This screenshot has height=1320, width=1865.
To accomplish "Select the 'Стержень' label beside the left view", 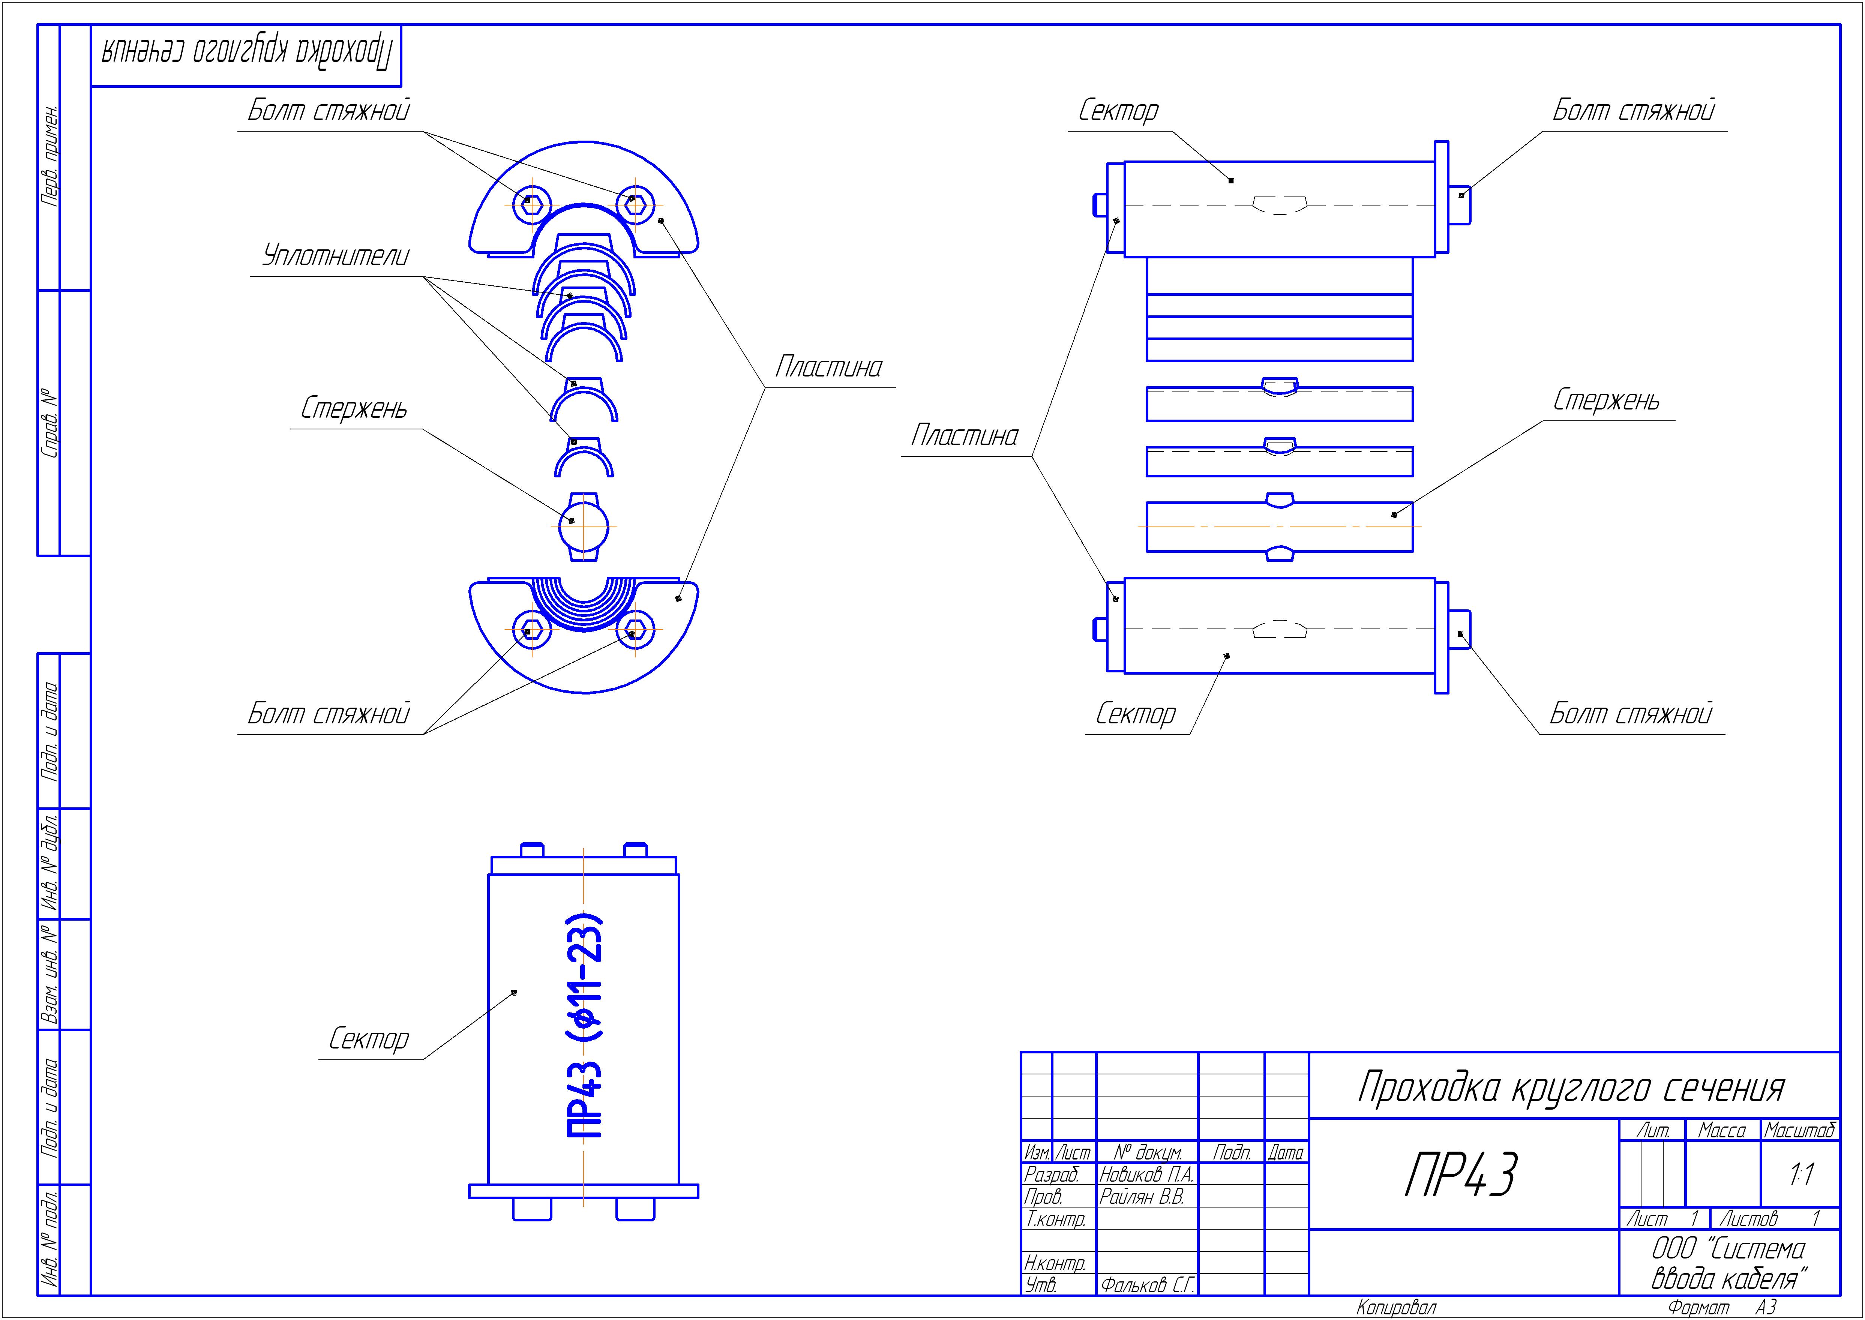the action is point(354,408).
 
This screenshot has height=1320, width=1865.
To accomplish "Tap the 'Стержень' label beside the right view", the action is point(1606,400).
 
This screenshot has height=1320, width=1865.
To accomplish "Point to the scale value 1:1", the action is point(1801,1174).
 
